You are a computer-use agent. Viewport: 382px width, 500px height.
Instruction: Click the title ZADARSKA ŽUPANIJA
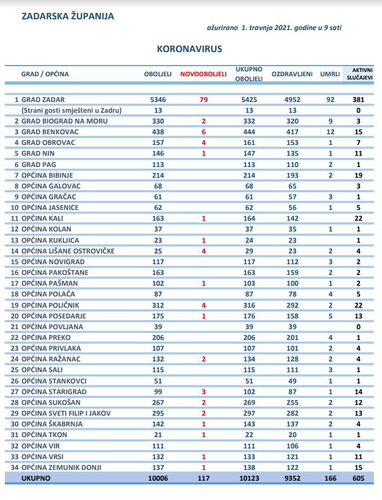(x=68, y=16)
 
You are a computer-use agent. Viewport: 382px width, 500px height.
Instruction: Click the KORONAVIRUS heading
(x=190, y=49)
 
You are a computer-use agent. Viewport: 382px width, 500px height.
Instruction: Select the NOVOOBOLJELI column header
(x=203, y=74)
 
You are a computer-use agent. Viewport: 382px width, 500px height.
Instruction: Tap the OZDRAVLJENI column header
(x=292, y=74)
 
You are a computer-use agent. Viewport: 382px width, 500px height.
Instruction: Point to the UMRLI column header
(x=330, y=74)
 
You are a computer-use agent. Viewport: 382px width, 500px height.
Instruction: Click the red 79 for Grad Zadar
(x=204, y=100)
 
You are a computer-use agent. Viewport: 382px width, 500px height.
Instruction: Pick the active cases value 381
(x=358, y=100)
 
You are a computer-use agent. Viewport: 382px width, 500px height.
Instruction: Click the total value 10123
(x=249, y=478)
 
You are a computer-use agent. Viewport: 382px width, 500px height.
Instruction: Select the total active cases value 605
(x=358, y=478)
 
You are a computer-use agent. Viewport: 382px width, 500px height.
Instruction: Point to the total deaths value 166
(x=330, y=478)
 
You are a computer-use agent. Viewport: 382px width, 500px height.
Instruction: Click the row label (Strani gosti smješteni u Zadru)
(x=71, y=111)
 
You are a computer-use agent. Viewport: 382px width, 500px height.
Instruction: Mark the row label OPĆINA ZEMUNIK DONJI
(x=61, y=467)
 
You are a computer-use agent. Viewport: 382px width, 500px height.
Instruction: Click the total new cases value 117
(x=203, y=478)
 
